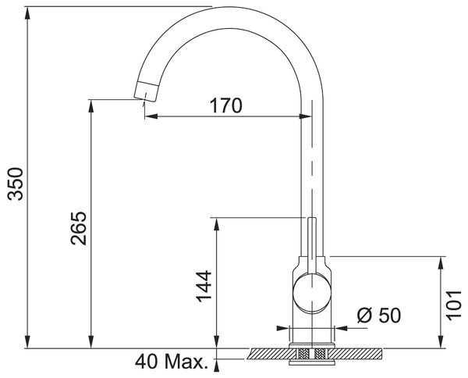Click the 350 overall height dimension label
pyautogui.click(x=16, y=184)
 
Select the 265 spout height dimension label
pyautogui.click(x=79, y=228)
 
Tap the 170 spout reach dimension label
pyautogui.click(x=226, y=105)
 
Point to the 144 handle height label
pyautogui.click(x=204, y=286)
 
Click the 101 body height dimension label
pyautogui.click(x=454, y=305)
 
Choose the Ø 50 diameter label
pyautogui.click(x=379, y=315)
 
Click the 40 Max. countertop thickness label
pyautogui.click(x=172, y=362)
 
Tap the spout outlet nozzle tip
pyautogui.click(x=147, y=91)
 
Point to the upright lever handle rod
pyautogui.click(x=312, y=246)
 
